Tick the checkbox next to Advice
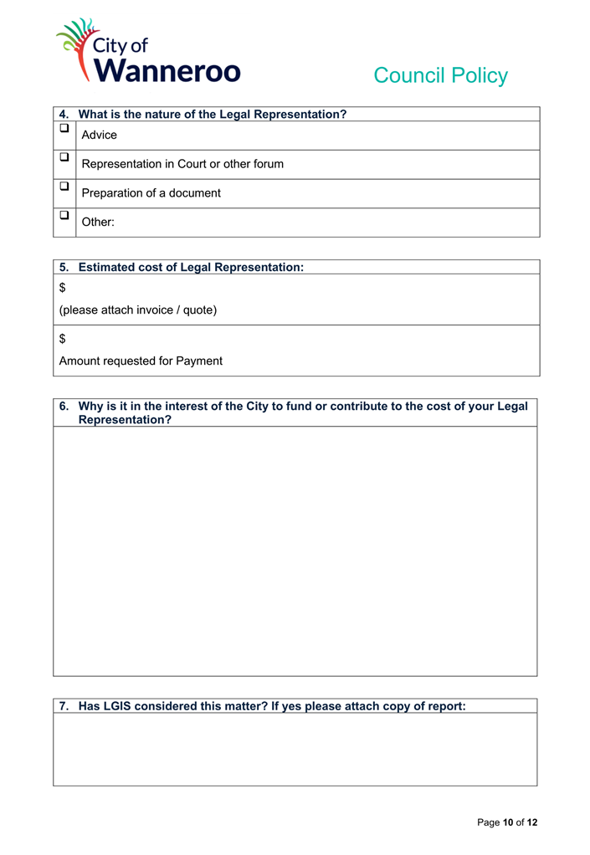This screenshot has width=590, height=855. pos(64,129)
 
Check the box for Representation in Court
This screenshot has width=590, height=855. pos(64,157)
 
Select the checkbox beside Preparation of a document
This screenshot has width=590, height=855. pos(64,187)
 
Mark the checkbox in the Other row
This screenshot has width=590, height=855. pos(64,215)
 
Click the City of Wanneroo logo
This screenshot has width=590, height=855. pos(148,51)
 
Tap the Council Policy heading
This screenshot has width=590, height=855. pos(440,75)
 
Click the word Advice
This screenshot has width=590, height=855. pos(100,136)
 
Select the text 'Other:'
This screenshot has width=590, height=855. pos(98,223)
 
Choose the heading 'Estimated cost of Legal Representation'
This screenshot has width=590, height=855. pos(191,268)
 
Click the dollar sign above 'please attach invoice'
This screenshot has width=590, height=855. pos(63,288)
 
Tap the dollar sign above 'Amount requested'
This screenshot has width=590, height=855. pos(63,339)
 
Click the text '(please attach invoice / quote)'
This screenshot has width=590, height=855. pos(138,310)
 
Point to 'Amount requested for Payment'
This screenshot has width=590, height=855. pos(141,361)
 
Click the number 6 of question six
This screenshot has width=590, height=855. pos(64,407)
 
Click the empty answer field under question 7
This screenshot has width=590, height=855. pos(295,749)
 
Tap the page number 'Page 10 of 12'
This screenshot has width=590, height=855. pos(507,822)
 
